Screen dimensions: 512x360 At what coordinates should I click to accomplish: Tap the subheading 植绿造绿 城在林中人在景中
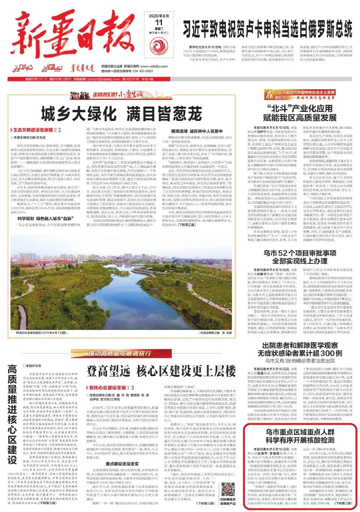coord(194,131)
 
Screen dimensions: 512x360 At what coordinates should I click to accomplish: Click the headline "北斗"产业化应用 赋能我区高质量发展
coord(300,113)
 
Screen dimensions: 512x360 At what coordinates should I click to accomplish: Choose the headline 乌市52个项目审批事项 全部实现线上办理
coord(300,256)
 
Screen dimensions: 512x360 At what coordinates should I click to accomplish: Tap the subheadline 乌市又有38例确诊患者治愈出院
coord(300,361)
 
